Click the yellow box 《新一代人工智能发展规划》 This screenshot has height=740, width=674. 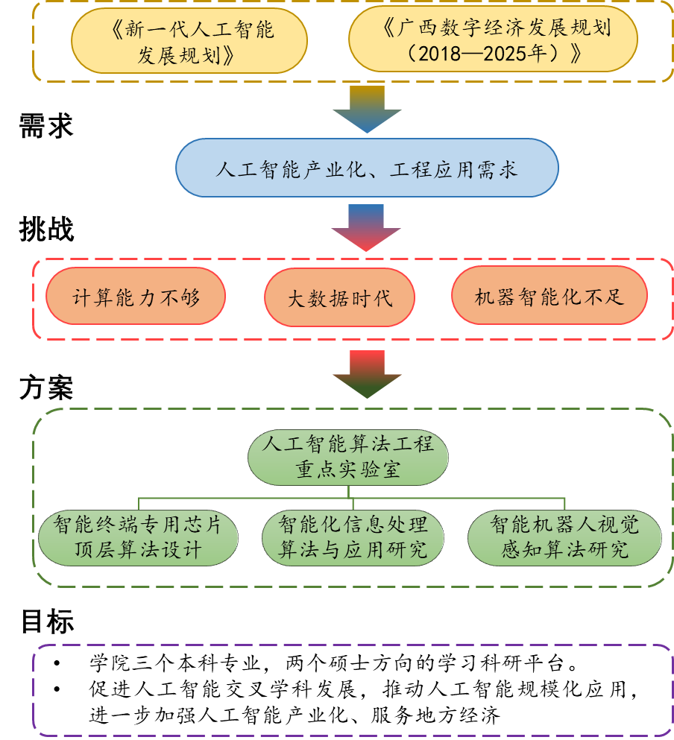tap(189, 40)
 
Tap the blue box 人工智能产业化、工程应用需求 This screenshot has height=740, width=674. tap(367, 168)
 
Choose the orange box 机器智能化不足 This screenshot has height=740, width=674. tap(549, 297)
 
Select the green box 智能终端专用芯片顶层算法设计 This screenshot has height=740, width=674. tap(139, 537)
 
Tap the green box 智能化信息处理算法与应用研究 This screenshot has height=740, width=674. tap(353, 537)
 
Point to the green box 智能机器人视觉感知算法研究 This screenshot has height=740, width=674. tap(565, 537)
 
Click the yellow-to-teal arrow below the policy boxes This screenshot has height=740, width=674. tap(367, 109)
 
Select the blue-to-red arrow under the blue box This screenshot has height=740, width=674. tap(367, 227)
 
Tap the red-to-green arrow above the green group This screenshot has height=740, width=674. tap(367, 373)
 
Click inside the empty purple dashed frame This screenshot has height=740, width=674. tap(353, 689)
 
